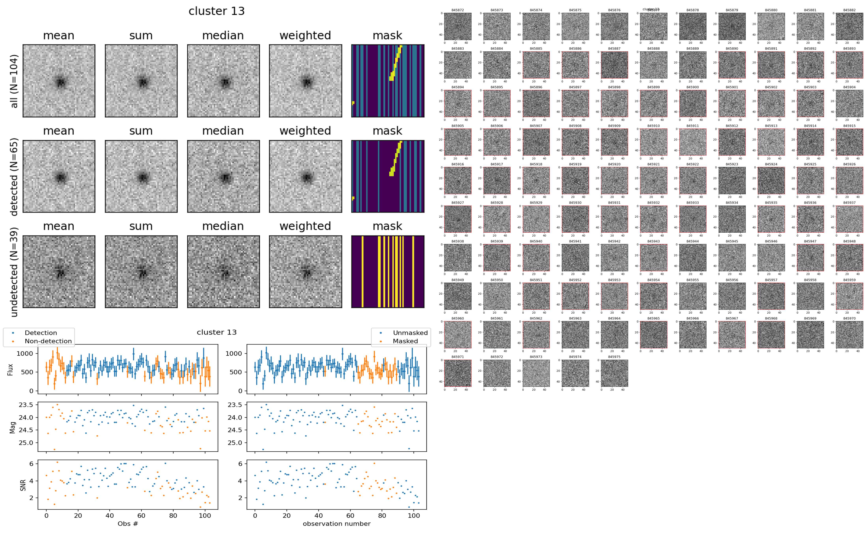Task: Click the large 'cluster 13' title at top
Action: [217, 11]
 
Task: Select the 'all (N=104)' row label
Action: [14, 81]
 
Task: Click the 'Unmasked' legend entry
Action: [410, 333]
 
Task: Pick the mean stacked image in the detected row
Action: [59, 176]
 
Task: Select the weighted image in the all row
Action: [305, 81]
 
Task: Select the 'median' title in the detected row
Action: [223, 131]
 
